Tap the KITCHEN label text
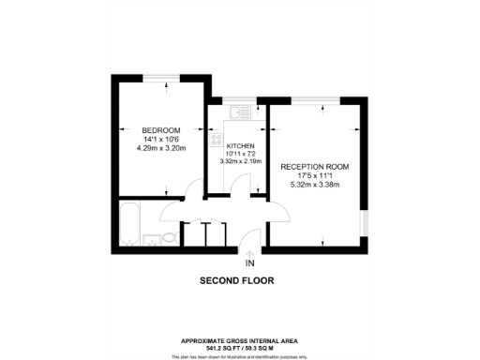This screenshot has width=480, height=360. (x=241, y=146)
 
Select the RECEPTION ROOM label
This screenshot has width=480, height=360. (x=314, y=166)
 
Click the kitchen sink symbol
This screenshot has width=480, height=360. (x=239, y=112)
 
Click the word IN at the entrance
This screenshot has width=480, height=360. (x=249, y=264)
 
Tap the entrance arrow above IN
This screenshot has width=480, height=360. (x=249, y=252)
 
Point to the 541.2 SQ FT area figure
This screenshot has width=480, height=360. (x=221, y=347)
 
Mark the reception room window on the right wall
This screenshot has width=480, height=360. (x=365, y=223)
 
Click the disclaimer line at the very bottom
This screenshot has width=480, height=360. (x=240, y=356)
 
